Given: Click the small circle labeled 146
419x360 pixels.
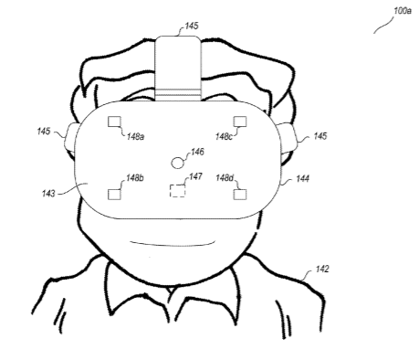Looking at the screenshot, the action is [178, 163].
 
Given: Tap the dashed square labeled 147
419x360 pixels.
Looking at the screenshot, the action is [177, 191].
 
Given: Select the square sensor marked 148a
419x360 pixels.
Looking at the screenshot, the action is [114, 122].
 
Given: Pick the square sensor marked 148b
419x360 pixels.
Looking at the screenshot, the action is [114, 195].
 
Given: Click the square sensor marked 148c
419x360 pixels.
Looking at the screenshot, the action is [240, 122].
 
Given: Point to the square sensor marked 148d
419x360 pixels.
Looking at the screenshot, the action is [240, 195].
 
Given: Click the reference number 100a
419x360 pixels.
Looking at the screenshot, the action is [403, 11].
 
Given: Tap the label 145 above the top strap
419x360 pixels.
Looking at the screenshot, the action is [192, 26].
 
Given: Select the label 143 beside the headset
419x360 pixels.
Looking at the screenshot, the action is [48, 193].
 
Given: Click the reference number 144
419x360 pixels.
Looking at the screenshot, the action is [302, 178].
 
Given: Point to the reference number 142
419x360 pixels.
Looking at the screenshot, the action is [322, 269].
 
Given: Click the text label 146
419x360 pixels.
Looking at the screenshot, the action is [197, 152].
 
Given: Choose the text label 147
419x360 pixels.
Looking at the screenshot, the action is [195, 176].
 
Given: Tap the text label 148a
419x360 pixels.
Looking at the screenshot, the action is [135, 136].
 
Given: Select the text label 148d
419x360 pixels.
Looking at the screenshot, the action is [225, 177].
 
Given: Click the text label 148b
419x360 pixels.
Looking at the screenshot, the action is [134, 177].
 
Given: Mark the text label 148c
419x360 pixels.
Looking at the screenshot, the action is [224, 136].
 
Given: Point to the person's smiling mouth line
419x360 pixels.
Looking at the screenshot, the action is [173, 243].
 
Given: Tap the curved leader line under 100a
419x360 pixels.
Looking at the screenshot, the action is [384, 25].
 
